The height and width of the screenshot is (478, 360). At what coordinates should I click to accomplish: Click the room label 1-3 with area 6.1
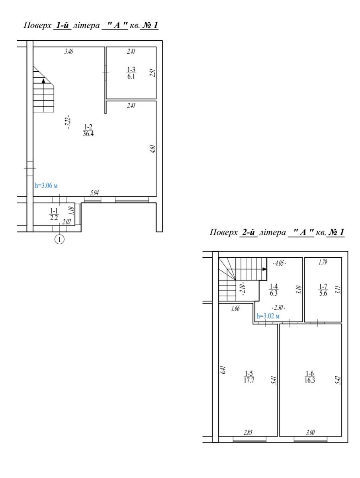click(x=131, y=73)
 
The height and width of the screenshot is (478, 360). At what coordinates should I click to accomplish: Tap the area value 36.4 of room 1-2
click(x=88, y=134)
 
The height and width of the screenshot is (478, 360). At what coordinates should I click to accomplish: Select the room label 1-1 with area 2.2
click(x=54, y=214)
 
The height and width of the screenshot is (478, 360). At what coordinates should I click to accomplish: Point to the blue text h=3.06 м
click(x=46, y=186)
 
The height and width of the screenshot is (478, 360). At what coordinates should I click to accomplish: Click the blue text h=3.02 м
click(x=268, y=316)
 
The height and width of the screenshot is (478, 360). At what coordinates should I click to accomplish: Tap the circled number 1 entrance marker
click(x=60, y=239)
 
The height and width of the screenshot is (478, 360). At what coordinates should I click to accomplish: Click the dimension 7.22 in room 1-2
click(x=68, y=122)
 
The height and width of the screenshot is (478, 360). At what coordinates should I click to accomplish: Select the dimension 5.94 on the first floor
click(x=95, y=193)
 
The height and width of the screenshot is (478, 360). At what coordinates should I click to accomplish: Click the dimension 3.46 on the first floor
click(x=68, y=52)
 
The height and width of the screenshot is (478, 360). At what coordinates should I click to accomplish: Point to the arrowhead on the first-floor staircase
click(x=44, y=81)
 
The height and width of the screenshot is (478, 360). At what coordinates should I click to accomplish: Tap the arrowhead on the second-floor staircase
click(x=264, y=269)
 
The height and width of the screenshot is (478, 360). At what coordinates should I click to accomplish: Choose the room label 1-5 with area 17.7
click(x=249, y=377)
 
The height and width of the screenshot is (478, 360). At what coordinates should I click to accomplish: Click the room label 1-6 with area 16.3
click(x=310, y=377)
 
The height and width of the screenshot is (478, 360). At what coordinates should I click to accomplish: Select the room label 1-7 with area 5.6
click(x=323, y=290)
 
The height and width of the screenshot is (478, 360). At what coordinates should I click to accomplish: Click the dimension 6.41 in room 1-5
click(x=223, y=370)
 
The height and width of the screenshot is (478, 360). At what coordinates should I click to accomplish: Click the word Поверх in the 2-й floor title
click(x=223, y=233)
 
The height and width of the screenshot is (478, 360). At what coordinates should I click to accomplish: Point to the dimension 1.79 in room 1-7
click(x=323, y=262)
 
